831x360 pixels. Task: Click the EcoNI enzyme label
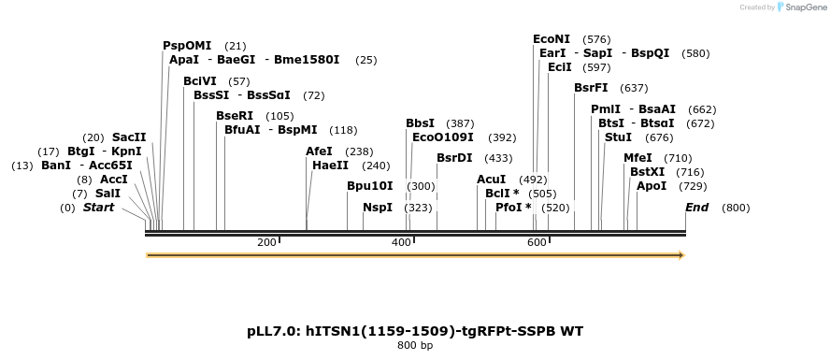[x=552, y=39]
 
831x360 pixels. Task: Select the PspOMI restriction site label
[x=187, y=46]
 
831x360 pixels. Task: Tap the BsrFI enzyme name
[x=592, y=88]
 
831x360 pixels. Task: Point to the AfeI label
[x=320, y=151]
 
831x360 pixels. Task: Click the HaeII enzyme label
[x=331, y=166]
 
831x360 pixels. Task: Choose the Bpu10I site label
[x=370, y=185]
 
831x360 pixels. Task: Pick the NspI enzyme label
[x=378, y=207]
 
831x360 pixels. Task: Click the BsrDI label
[x=454, y=157]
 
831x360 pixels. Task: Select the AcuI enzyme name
[x=492, y=179]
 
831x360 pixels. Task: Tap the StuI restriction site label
[x=618, y=137]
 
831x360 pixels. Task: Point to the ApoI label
[x=652, y=186]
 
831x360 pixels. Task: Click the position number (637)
[x=634, y=89]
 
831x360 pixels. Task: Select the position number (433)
[x=498, y=158]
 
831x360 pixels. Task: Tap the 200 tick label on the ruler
[x=266, y=243]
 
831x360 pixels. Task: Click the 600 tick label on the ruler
[x=537, y=243]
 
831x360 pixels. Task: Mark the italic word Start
[x=98, y=207]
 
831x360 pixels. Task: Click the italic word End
[x=697, y=207]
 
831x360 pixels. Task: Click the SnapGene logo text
[x=803, y=7]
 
